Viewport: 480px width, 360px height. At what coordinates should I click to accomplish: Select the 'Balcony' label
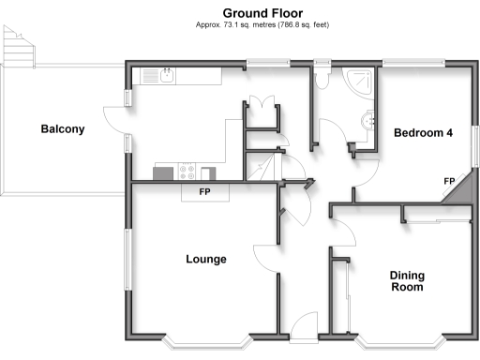point(63,129)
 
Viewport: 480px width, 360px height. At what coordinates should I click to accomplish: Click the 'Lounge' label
point(205,259)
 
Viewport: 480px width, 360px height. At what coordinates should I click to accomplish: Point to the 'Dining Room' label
point(408,281)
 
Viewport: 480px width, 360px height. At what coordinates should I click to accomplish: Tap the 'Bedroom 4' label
point(423,133)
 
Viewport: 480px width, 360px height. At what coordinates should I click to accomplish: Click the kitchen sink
point(165,76)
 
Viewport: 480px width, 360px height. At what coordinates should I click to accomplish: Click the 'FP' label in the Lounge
point(203,193)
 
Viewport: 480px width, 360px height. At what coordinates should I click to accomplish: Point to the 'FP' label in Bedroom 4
point(449,181)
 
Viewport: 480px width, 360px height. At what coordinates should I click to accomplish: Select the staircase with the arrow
point(262,169)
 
